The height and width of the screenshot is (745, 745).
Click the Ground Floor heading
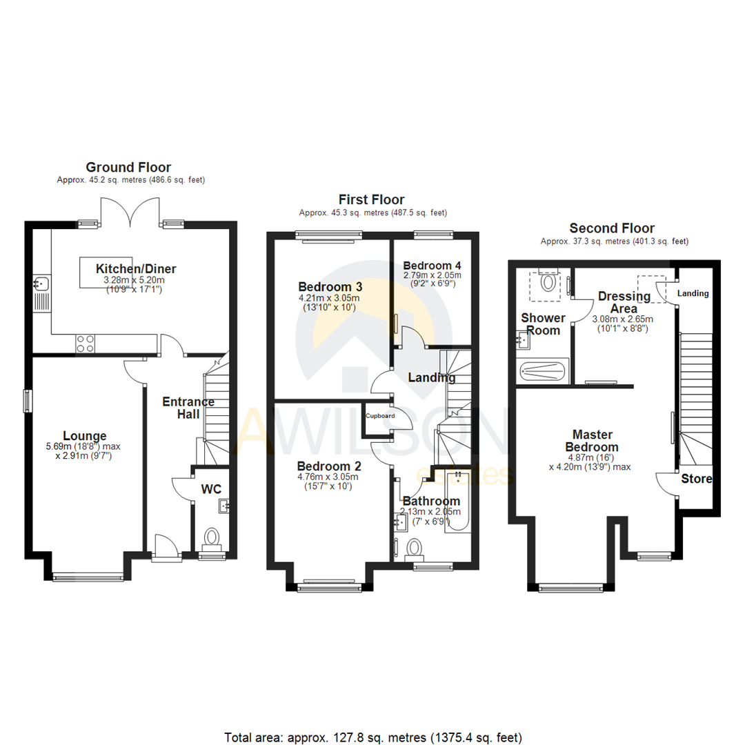128,167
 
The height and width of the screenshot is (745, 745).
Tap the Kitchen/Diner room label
136,269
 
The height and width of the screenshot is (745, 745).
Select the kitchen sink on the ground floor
41,283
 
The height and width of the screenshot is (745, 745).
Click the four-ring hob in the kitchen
85,343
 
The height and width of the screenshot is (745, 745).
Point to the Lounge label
85,435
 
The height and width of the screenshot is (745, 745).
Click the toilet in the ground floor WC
212,537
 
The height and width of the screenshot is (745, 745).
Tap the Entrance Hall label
188,408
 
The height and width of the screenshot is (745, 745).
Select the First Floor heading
372,200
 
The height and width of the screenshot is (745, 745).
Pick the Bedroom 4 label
432,266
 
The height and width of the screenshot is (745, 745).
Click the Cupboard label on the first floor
380,416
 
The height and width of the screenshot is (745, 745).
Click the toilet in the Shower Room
549,281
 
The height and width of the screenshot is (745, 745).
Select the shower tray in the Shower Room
543,371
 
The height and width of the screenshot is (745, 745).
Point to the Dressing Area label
624,302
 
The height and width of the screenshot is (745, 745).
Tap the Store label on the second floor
697,479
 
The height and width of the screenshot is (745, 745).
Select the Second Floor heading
612,228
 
